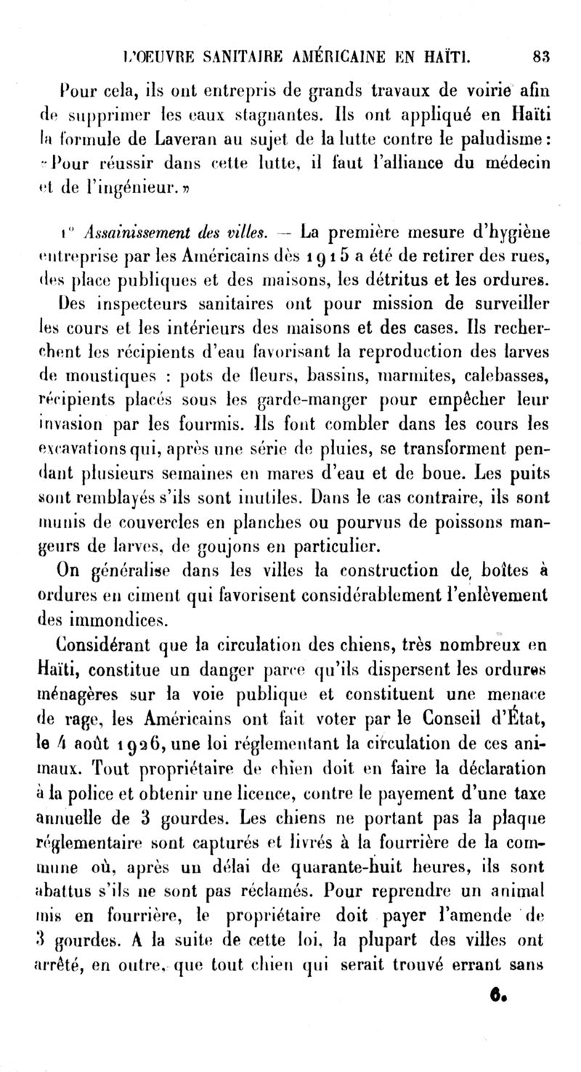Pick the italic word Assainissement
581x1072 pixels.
pyautogui.click(x=137, y=234)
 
